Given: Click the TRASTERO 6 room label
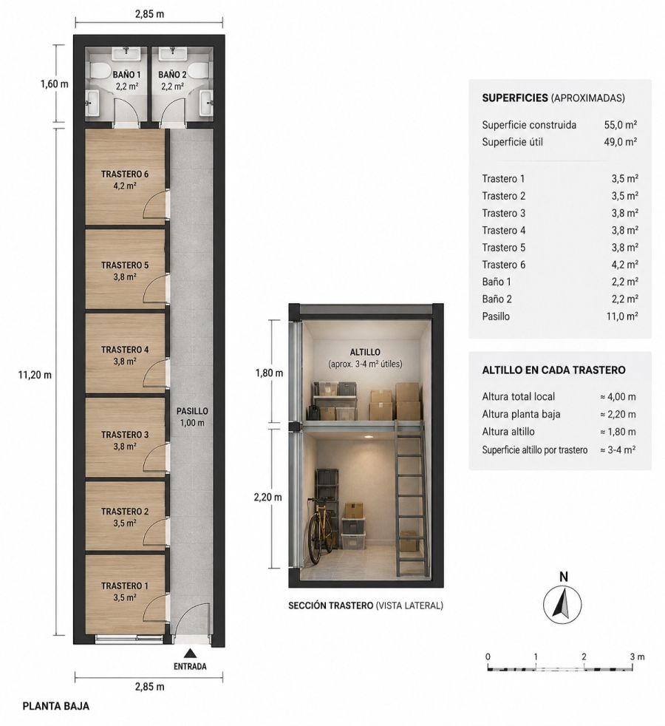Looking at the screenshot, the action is (125, 174).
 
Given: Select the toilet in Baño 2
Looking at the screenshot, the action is (199, 72).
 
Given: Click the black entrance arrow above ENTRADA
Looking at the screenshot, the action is (190, 654).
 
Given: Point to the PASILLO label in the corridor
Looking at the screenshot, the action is (192, 411).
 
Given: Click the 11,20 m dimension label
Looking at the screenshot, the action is (35, 375).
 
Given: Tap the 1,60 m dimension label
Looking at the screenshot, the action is (54, 84).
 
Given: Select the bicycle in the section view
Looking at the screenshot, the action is (321, 531).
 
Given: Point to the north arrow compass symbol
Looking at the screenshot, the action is (562, 604).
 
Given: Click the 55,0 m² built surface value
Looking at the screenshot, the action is (620, 125).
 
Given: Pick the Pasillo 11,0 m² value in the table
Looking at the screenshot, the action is (622, 316).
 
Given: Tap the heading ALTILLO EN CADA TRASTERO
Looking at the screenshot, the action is (553, 370).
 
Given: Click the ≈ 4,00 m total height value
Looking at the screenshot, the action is (618, 397).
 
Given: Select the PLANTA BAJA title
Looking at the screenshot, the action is (56, 706).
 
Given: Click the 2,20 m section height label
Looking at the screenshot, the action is (268, 498).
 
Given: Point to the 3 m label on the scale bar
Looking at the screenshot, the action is (637, 657).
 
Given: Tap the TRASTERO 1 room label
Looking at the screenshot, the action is (125, 586).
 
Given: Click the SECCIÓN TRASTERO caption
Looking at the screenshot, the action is (330, 605).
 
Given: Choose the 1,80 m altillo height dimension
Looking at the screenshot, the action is (269, 373).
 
